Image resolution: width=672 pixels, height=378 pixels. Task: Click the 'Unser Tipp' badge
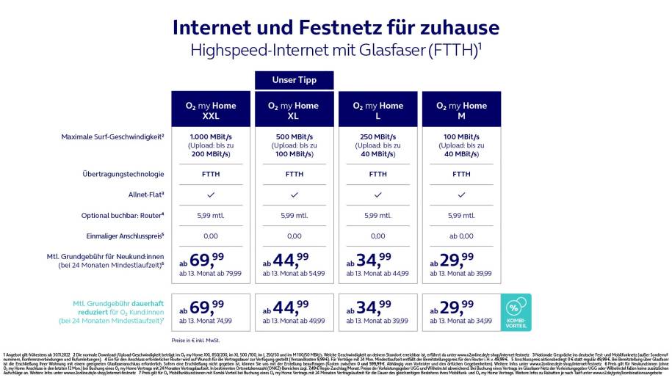[x=294, y=79]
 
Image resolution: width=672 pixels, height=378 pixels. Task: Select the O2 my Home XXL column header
[x=211, y=111]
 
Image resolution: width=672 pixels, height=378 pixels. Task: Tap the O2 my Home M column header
[x=461, y=111]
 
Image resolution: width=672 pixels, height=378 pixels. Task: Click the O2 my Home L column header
[x=377, y=111]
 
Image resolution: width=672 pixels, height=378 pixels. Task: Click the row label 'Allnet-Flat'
[x=145, y=195]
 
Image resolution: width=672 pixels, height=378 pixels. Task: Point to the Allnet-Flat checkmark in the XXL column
[x=211, y=195]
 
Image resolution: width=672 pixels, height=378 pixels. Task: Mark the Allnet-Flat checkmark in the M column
[x=461, y=195]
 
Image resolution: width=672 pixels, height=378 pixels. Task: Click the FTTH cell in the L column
[x=377, y=174]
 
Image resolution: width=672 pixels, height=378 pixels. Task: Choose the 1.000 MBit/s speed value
[x=211, y=137]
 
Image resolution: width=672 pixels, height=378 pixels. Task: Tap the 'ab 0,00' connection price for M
[x=461, y=236]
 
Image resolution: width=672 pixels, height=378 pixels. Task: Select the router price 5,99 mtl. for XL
[x=294, y=215]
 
